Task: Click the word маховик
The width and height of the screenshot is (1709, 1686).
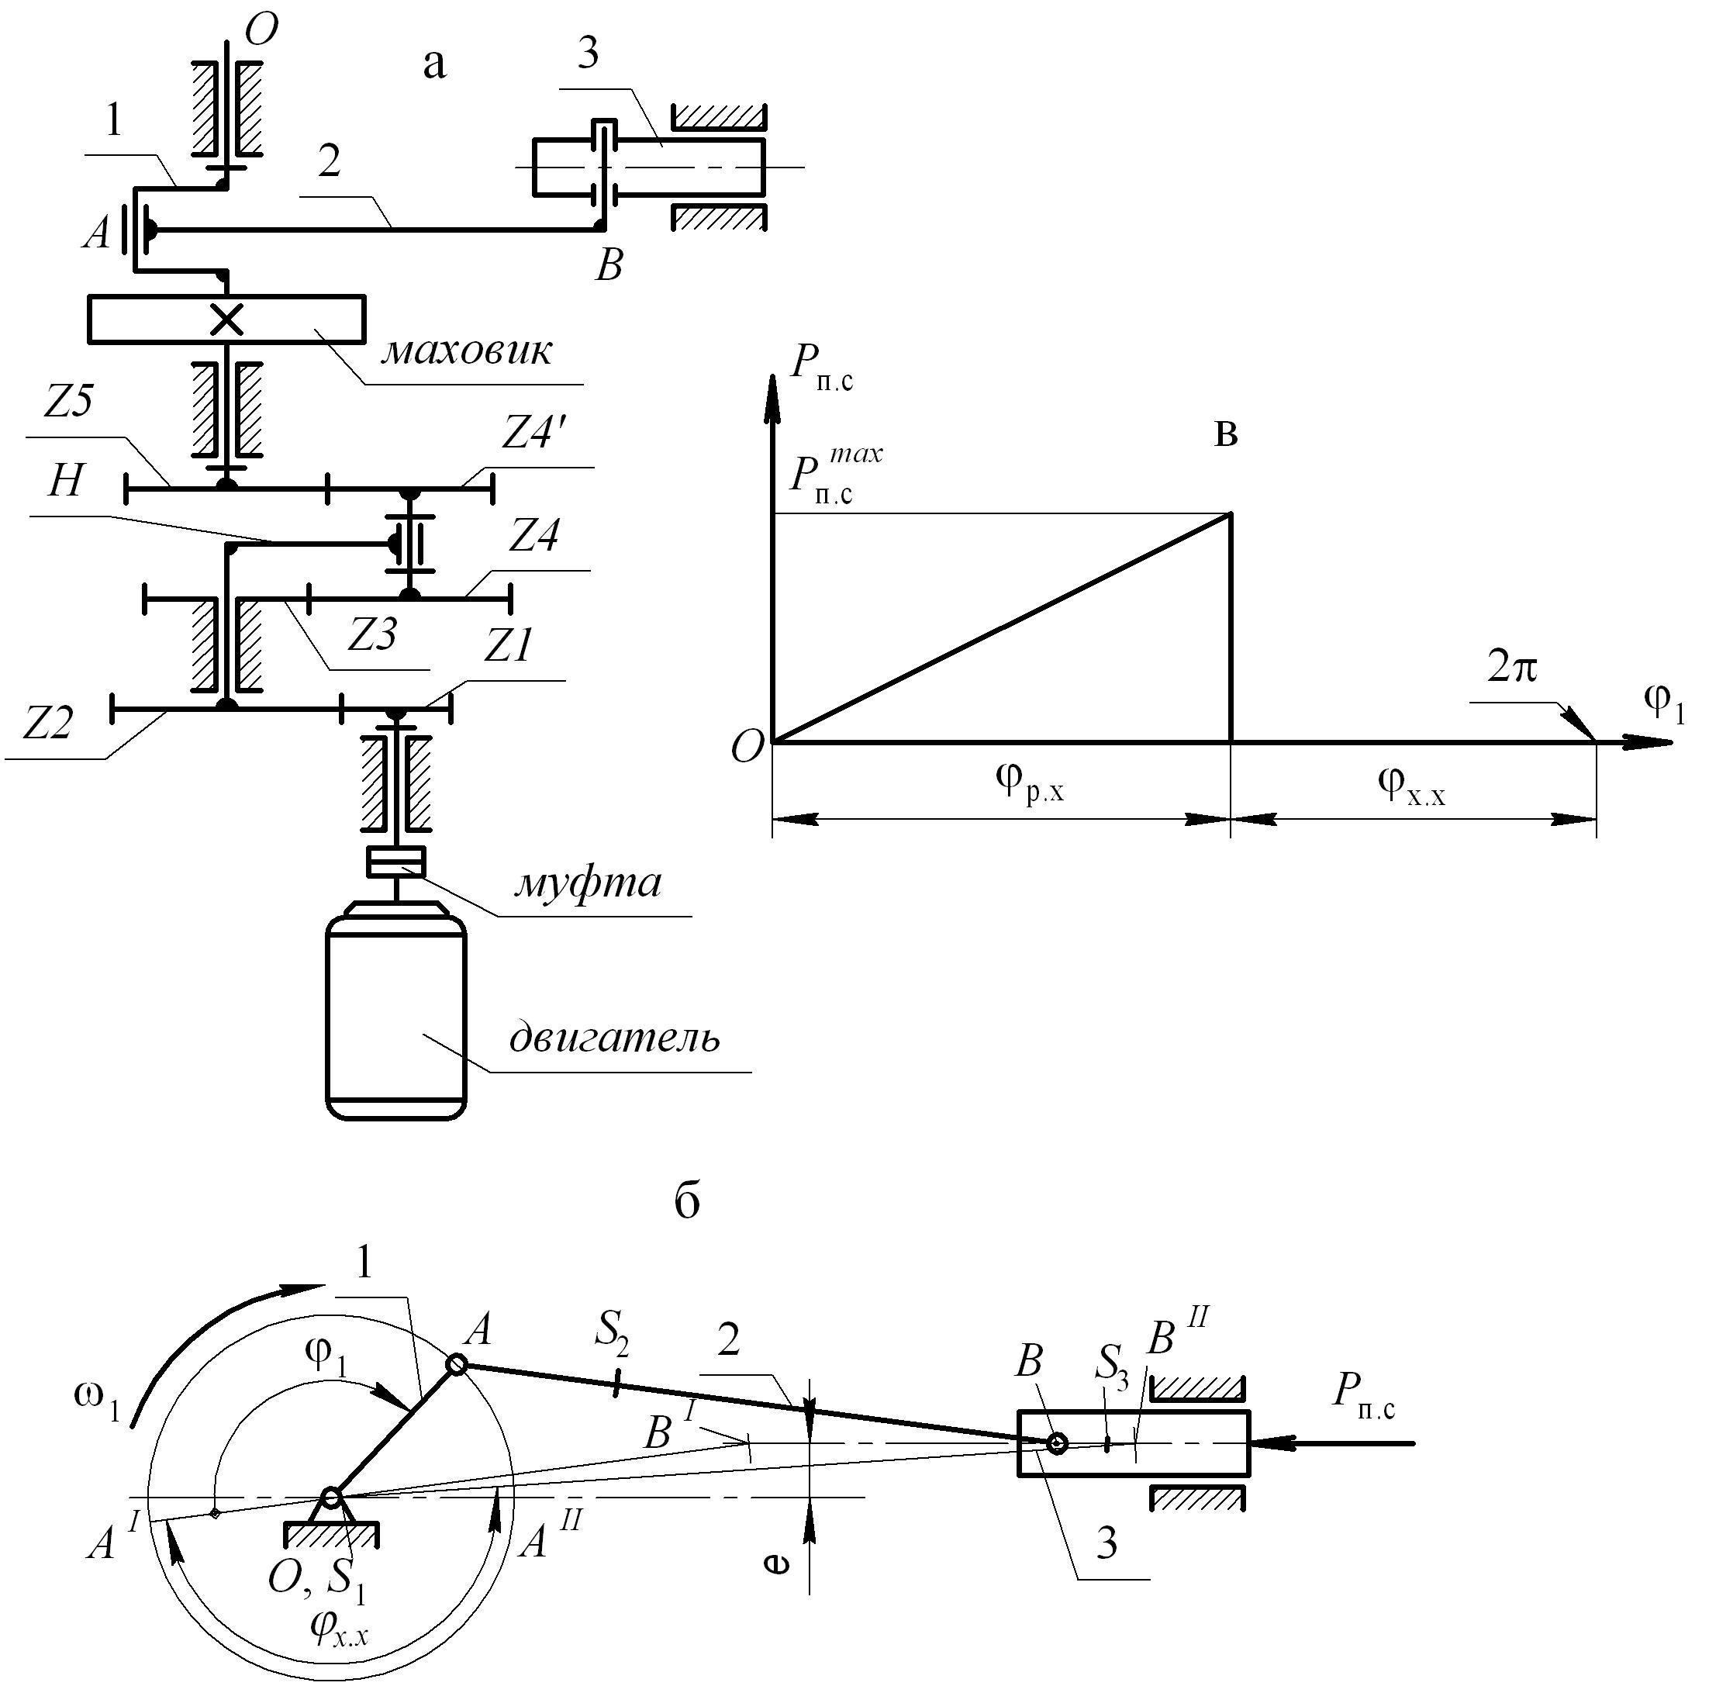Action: click(x=466, y=352)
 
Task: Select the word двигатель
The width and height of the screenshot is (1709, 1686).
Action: click(x=615, y=1038)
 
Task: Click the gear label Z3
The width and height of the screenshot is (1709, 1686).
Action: click(x=371, y=634)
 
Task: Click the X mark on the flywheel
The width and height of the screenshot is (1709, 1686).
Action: click(x=227, y=319)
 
